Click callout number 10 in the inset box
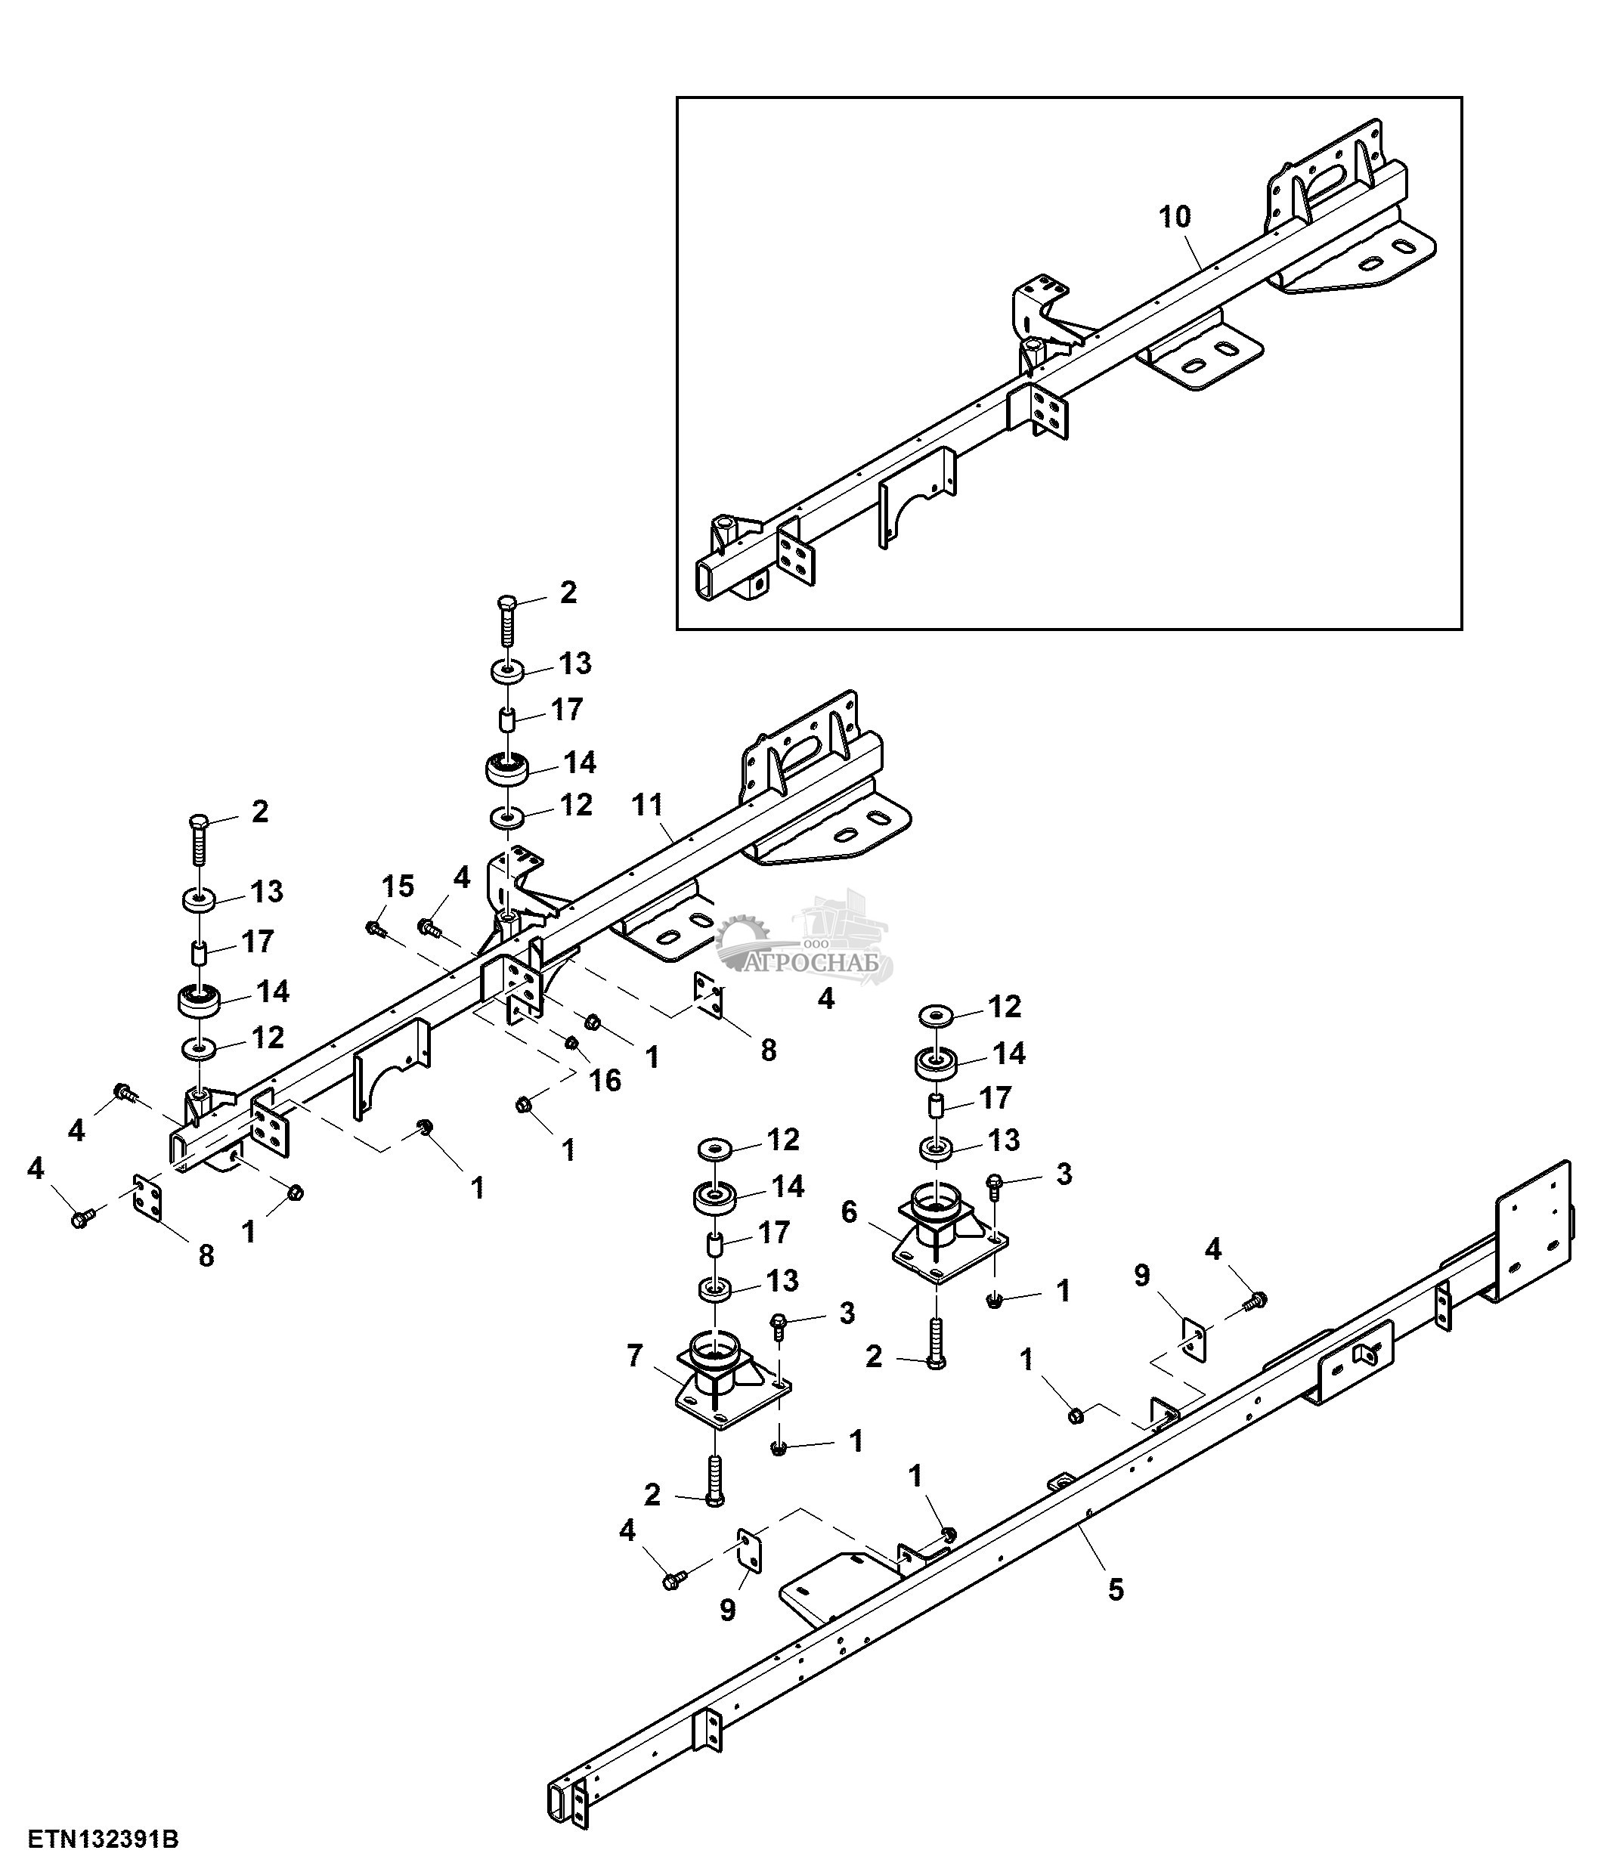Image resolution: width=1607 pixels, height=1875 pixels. pyautogui.click(x=1175, y=217)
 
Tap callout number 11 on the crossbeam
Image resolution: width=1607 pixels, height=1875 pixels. pyautogui.click(x=648, y=804)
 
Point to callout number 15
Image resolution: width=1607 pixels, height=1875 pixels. pyautogui.click(x=398, y=886)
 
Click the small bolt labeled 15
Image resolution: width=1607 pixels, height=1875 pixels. pyautogui.click(x=373, y=929)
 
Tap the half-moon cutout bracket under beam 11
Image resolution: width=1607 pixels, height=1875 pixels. pyautogui.click(x=390, y=1069)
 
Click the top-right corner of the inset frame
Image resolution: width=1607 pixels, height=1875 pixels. pyautogui.click(x=1461, y=97)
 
